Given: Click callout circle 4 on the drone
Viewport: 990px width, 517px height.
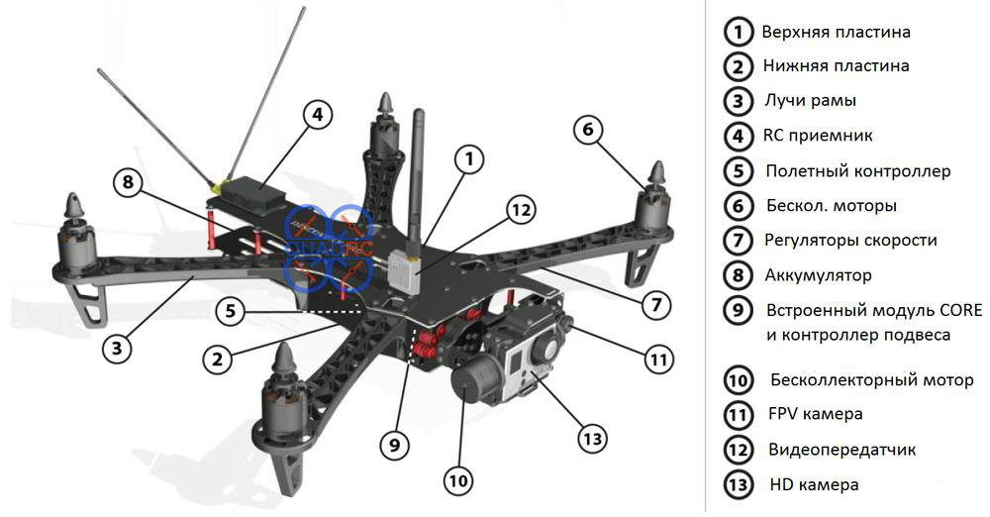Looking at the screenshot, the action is [x=317, y=116].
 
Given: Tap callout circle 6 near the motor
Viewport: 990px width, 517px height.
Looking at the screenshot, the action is [x=588, y=130].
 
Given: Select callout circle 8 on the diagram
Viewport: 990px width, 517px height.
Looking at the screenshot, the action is [x=128, y=182].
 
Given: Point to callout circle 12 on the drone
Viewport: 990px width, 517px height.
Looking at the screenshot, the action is [x=521, y=211].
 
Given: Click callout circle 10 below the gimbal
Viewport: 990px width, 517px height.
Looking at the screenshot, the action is [x=458, y=481].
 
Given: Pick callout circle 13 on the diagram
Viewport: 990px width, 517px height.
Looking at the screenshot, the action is [x=592, y=438].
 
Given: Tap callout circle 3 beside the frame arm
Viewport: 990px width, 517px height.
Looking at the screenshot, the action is [x=118, y=349].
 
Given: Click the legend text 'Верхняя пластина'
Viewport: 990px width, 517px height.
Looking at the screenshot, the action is [x=836, y=32].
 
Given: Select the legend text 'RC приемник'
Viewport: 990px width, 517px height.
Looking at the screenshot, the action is [x=818, y=136].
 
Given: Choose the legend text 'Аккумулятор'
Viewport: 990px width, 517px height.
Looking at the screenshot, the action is [x=819, y=275].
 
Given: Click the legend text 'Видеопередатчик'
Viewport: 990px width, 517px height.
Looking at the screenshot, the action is [x=841, y=450].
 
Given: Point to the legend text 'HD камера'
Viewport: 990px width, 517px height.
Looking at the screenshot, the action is [x=814, y=484].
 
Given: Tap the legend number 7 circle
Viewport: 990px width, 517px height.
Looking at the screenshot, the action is [x=738, y=241].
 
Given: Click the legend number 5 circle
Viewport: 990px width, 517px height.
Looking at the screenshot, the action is [x=739, y=171].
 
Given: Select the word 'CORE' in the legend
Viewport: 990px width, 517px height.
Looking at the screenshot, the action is [x=961, y=310].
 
